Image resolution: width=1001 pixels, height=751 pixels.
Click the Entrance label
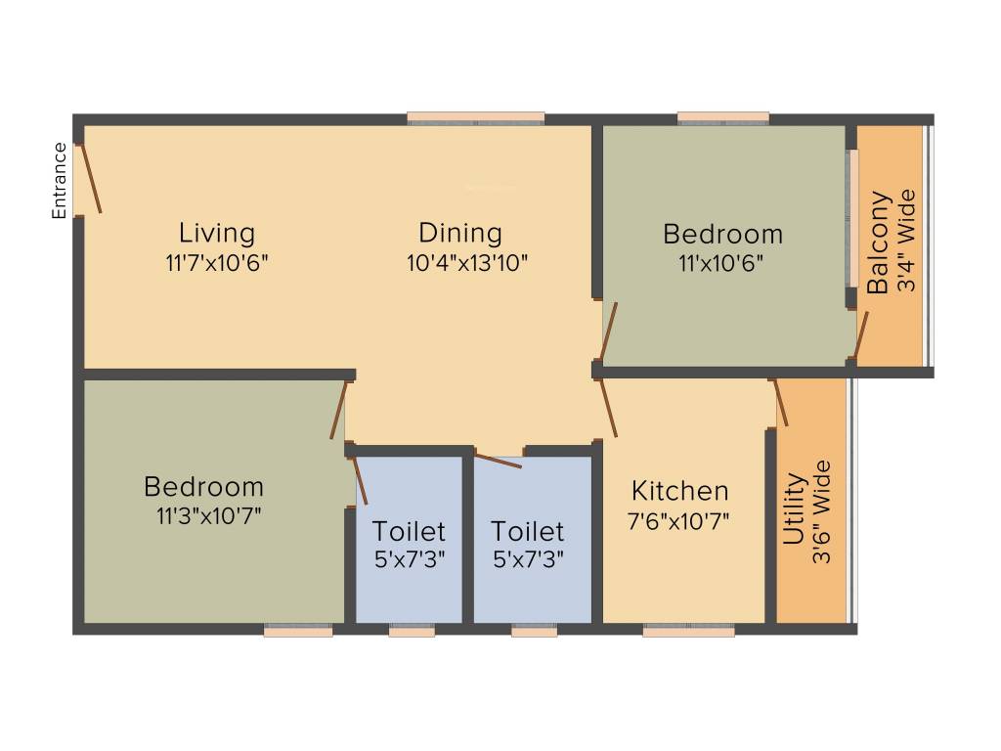[x=60, y=181]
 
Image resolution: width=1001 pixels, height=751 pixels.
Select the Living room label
[x=216, y=233]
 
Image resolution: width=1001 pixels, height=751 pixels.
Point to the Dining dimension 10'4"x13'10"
[x=467, y=262]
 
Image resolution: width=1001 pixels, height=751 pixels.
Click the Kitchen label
[x=679, y=491]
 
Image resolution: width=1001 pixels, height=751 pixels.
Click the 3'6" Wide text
[x=822, y=511]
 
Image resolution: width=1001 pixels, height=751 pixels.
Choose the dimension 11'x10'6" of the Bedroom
[x=721, y=262]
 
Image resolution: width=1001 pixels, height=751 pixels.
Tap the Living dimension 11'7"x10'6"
[x=217, y=262]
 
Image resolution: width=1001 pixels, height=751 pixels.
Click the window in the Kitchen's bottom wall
[x=688, y=632]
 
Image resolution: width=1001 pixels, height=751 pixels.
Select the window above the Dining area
[x=476, y=118]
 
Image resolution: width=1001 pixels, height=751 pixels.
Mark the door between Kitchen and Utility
[x=781, y=403]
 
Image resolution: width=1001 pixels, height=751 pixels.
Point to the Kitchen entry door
[x=608, y=407]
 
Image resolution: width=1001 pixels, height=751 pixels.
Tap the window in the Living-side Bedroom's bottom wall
[x=298, y=632]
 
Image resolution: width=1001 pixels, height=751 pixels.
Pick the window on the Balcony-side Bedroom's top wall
[x=722, y=118]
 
